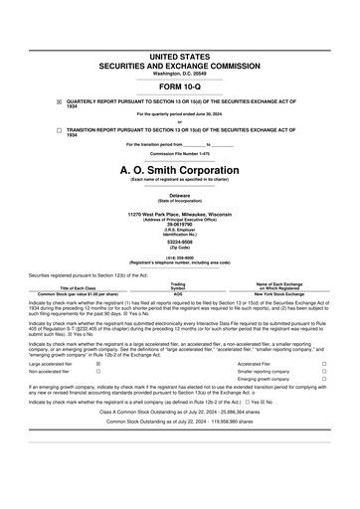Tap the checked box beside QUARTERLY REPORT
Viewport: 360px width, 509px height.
[59, 101]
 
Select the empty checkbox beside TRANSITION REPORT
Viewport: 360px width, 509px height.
[59, 130]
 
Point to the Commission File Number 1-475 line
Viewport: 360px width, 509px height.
[180, 153]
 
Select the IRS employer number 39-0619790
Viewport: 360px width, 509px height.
[180, 224]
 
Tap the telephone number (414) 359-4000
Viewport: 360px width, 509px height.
[180, 255]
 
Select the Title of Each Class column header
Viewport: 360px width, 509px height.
[78, 287]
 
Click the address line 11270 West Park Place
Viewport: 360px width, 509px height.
[180, 214]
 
